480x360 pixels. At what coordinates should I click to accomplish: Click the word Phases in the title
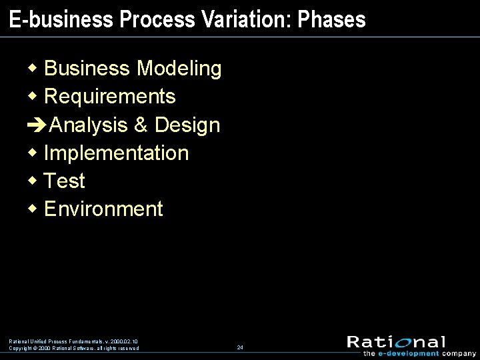pyautogui.click(x=332, y=19)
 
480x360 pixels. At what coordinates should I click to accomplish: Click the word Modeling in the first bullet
pyautogui.click(x=179, y=69)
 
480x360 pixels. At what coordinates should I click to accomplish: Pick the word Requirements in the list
pyautogui.click(x=109, y=97)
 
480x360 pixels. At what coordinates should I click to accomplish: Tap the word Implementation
pyautogui.click(x=116, y=153)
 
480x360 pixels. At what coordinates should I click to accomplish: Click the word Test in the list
pyautogui.click(x=64, y=181)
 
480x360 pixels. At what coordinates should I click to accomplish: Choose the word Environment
pyautogui.click(x=103, y=209)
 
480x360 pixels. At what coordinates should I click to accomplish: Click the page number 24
pyautogui.click(x=240, y=347)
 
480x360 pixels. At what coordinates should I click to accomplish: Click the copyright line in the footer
pyautogui.click(x=74, y=348)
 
